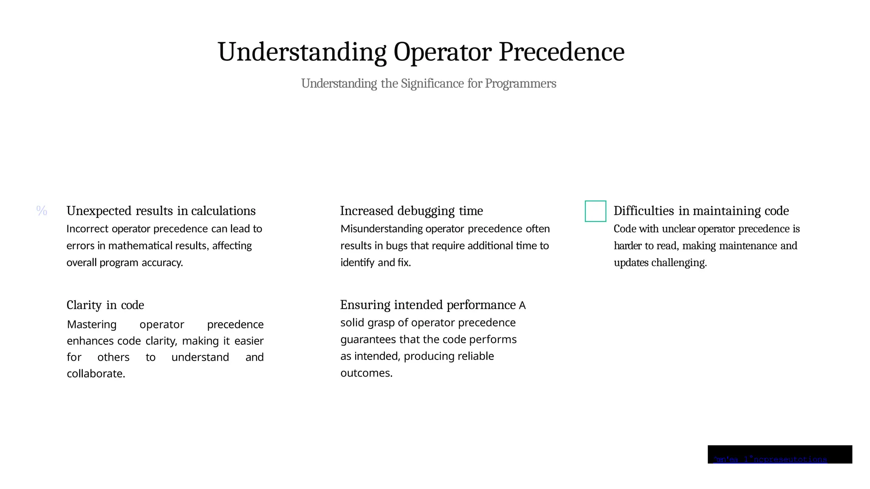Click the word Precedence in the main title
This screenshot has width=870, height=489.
coord(561,52)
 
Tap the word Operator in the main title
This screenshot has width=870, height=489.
coord(442,52)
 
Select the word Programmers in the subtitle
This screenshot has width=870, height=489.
coord(520,83)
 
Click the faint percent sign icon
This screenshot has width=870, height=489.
coord(42,211)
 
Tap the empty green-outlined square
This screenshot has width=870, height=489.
coord(595,211)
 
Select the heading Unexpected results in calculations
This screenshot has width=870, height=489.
coord(161,211)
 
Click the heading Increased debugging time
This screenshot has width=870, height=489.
coord(411,211)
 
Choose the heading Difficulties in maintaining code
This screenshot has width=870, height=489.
coord(701,211)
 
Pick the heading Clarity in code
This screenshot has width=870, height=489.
coord(105,305)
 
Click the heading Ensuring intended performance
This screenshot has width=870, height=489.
coord(428,305)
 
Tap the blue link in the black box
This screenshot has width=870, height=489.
coord(770,459)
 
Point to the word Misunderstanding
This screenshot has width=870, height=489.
coord(381,229)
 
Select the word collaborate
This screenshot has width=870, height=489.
coord(96,374)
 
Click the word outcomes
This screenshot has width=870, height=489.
coord(366,373)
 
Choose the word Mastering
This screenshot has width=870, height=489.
coord(91,325)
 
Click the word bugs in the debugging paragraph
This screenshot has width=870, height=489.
coord(396,246)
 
